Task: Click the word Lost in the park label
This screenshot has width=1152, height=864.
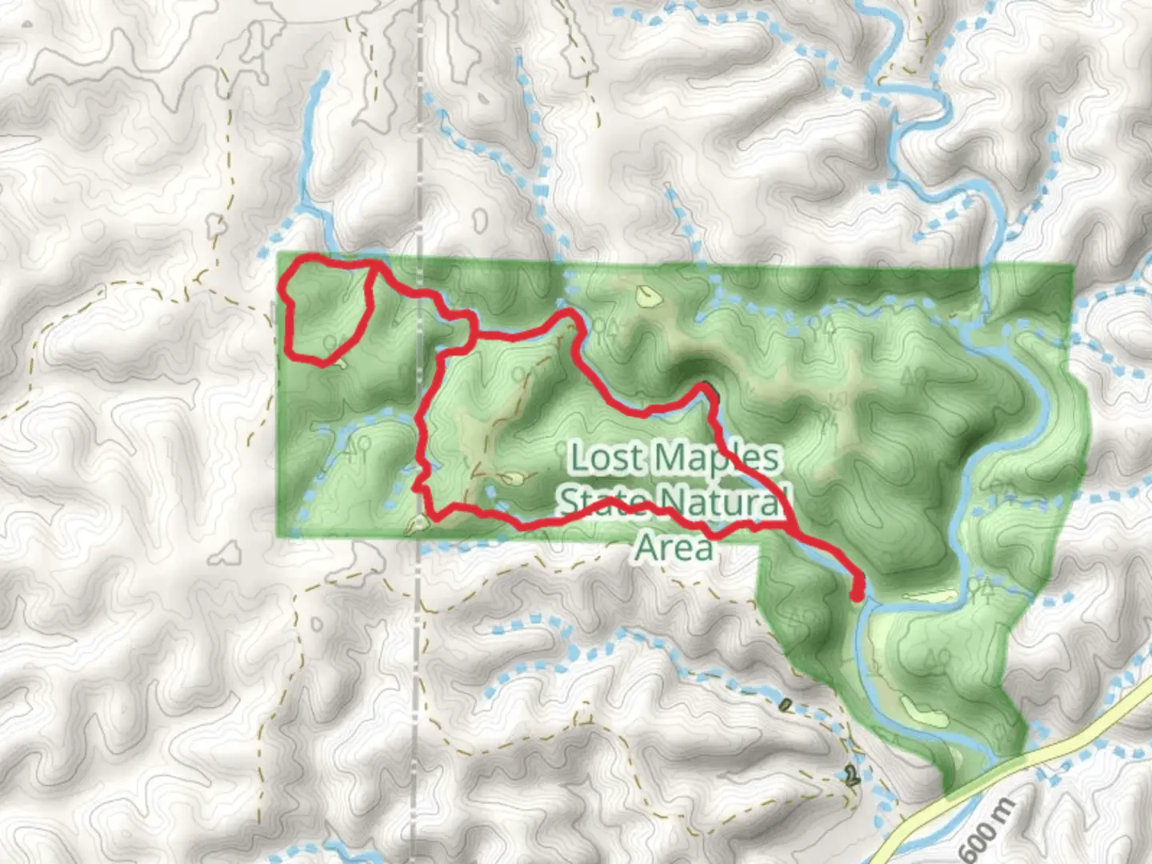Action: point(606,458)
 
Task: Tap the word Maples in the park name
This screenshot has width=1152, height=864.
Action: point(718,458)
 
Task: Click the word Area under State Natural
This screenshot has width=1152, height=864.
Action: point(673,547)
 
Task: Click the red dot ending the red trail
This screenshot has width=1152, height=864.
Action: point(857,594)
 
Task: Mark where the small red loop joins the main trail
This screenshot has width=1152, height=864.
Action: point(374,265)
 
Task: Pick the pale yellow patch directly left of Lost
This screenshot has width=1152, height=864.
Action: point(512,479)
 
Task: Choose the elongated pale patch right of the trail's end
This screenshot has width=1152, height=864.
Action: point(928,596)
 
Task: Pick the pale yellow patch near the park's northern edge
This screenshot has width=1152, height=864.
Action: point(649,297)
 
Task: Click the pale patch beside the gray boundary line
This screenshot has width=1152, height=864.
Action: point(419,525)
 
